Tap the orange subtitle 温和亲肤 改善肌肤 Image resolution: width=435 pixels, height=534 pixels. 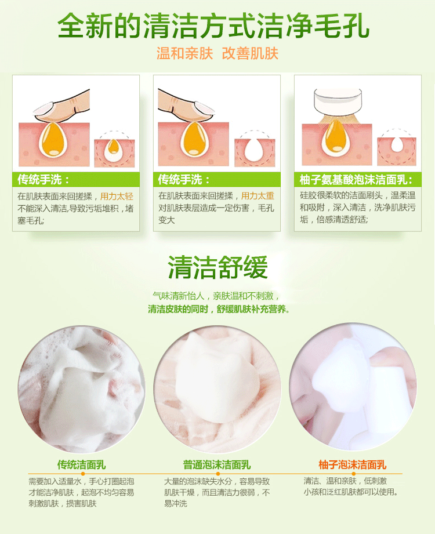pyautogui.click(x=217, y=53)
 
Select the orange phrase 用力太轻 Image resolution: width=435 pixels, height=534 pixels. pyautogui.click(x=117, y=196)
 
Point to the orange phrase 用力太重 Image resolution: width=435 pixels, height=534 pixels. pyautogui.click(x=258, y=196)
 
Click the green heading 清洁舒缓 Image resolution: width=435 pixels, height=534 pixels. pyautogui.click(x=217, y=268)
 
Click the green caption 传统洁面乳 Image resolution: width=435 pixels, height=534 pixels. pyautogui.click(x=81, y=464)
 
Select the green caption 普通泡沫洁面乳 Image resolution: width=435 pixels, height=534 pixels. pyautogui.click(x=217, y=464)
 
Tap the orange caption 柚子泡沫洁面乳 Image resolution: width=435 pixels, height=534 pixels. pyautogui.click(x=352, y=464)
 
